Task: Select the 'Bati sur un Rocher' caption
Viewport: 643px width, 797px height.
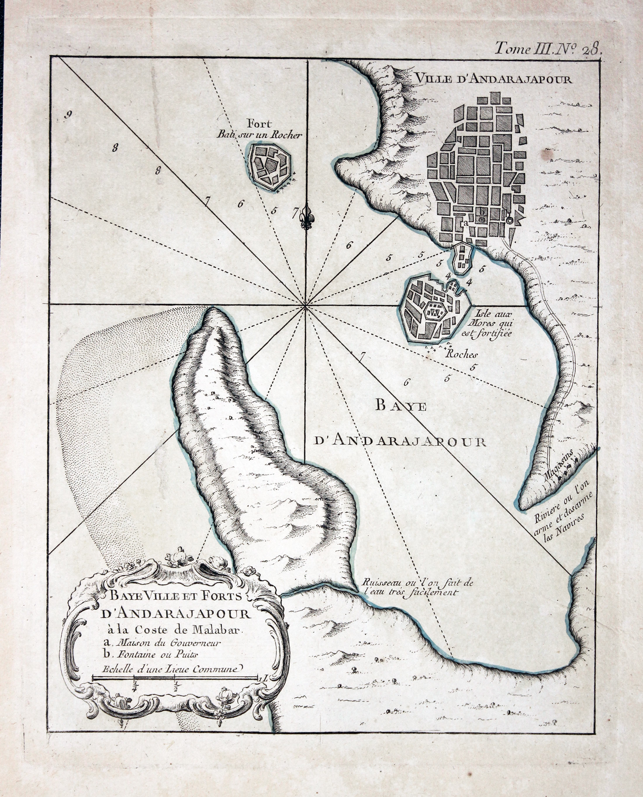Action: click(x=259, y=135)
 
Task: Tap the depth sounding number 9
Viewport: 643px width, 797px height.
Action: click(x=68, y=115)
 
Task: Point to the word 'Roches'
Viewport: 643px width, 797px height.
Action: click(x=461, y=354)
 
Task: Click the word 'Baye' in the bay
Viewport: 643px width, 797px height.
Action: click(x=401, y=406)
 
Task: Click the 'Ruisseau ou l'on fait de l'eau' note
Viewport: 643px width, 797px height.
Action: click(x=418, y=587)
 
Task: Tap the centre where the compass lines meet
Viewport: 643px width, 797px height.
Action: click(x=306, y=306)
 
